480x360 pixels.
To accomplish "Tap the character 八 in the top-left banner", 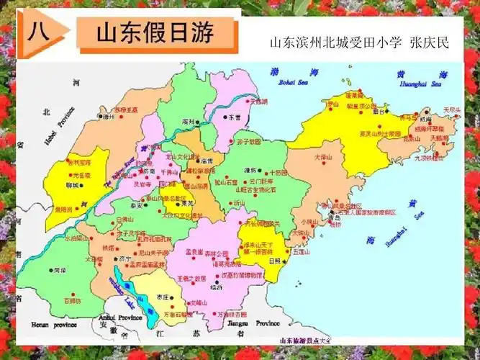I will click(x=38, y=33).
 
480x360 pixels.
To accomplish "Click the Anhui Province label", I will click(x=117, y=317).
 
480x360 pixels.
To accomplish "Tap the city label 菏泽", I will click(x=59, y=271).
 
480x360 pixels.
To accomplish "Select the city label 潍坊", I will click(x=250, y=171).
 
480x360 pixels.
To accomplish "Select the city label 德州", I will click(x=109, y=116).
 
